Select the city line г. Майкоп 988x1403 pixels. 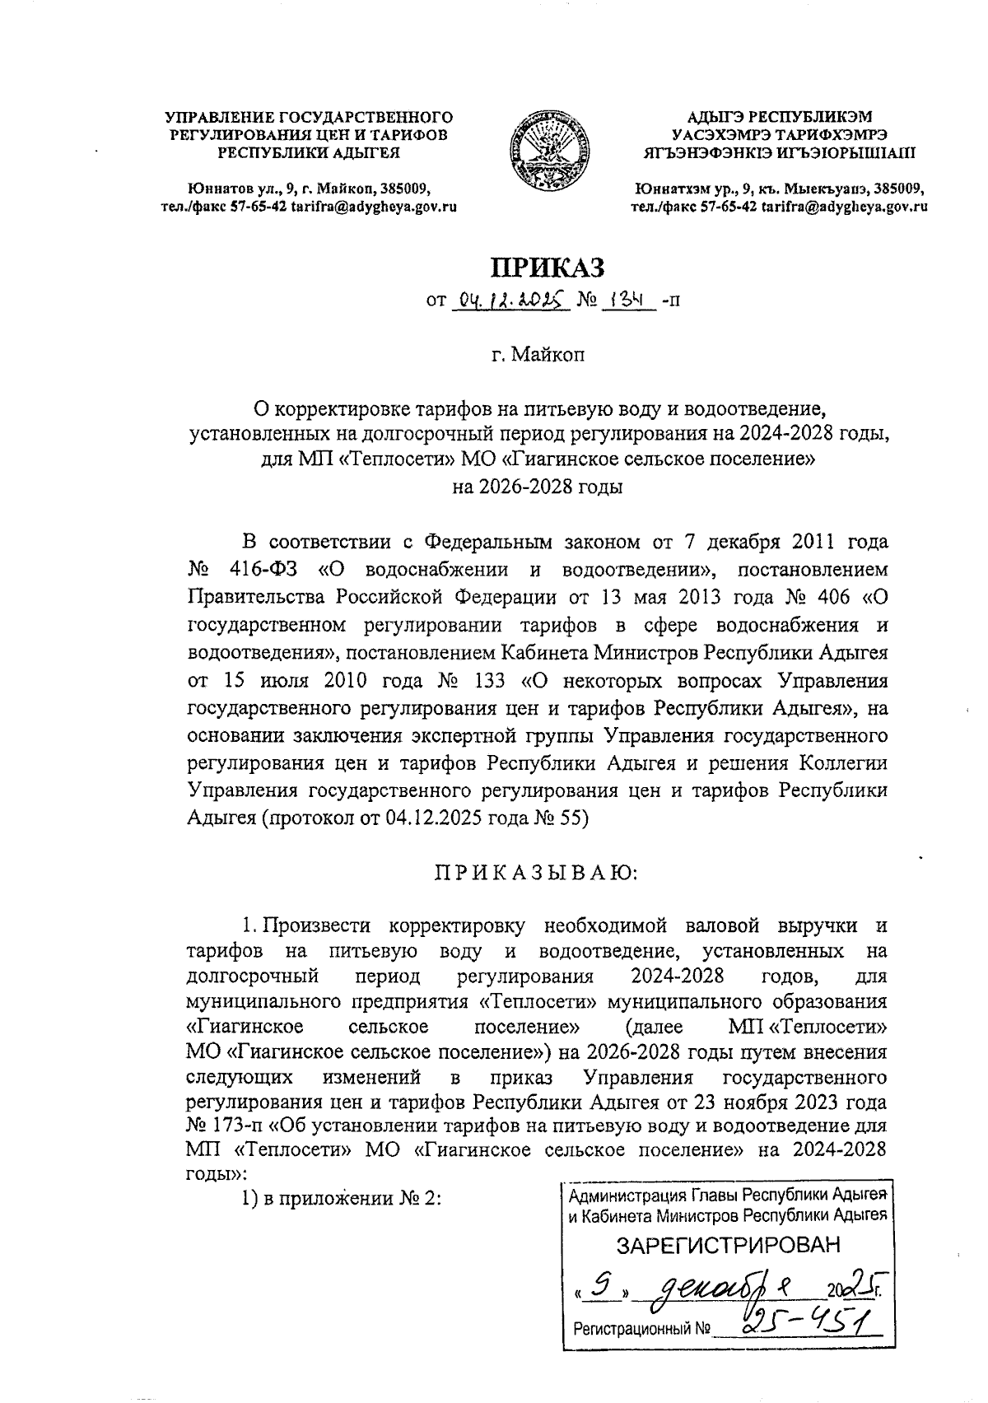coord(538,356)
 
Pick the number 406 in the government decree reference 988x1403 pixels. coord(823,596)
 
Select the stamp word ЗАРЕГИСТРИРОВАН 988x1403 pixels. coord(729,1244)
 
